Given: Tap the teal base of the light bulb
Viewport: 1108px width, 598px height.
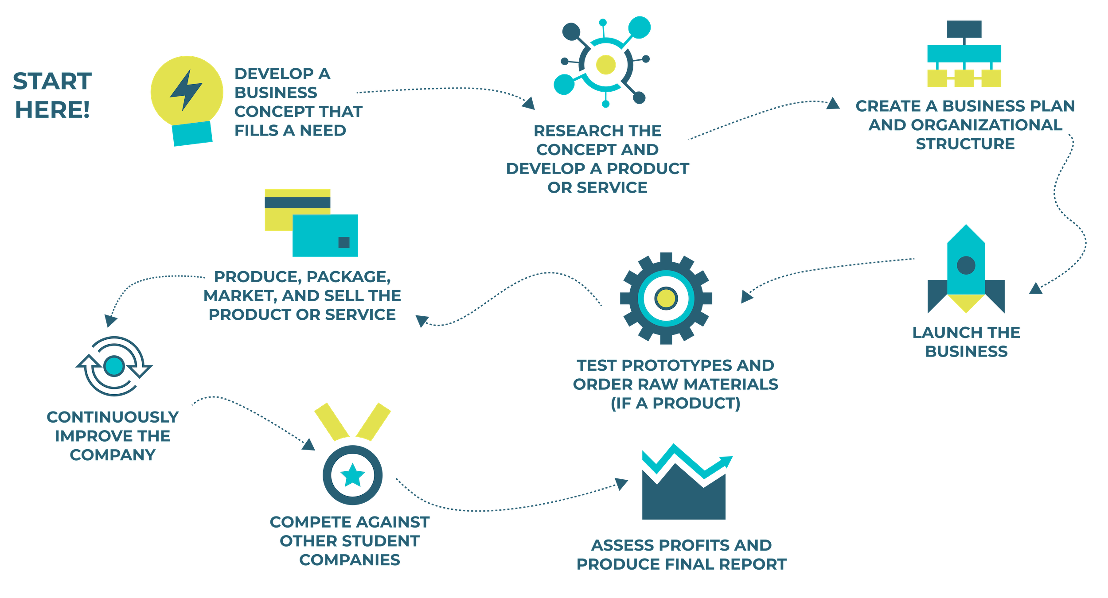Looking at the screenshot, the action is point(193,134).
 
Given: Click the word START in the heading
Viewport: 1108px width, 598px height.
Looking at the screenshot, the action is point(52,82).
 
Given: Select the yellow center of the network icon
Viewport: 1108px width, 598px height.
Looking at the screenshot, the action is point(605,65).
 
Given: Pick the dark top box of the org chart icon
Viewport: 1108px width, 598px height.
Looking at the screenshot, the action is point(964,29).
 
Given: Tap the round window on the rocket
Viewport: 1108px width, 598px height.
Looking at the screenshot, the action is point(966,265).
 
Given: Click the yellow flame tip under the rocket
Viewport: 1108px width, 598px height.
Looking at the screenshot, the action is point(966,304).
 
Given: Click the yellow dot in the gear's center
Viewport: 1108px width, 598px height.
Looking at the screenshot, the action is point(666,298).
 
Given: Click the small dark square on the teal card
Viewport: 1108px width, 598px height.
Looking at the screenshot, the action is point(343,242).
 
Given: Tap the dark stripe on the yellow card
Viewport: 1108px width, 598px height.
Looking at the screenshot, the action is point(297,202).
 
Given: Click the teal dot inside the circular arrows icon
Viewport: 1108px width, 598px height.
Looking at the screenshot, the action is point(114,366).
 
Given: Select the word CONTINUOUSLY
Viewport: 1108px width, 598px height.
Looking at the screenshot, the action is point(113,417).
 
